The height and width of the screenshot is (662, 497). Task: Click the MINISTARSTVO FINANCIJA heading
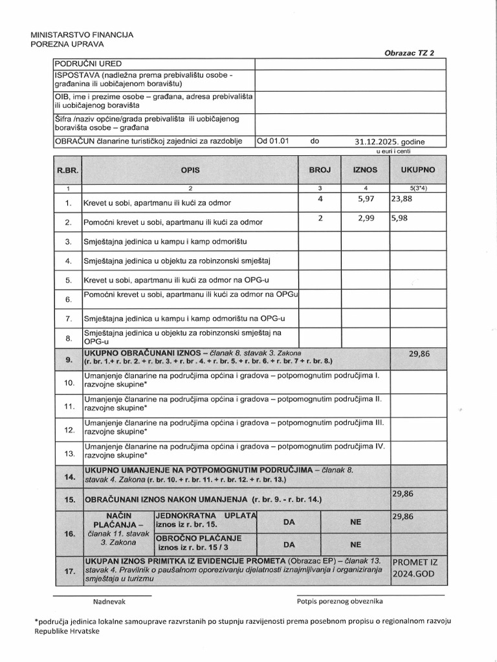pyautogui.click(x=82, y=34)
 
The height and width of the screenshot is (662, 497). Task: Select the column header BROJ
pyautogui.click(x=320, y=169)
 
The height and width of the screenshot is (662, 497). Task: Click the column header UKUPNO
pyautogui.click(x=418, y=169)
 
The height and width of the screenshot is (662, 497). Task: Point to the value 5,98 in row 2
pyautogui.click(x=401, y=219)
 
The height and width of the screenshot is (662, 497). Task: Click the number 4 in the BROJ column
pyautogui.click(x=320, y=199)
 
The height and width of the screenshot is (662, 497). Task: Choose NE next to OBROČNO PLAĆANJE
pyautogui.click(x=356, y=544)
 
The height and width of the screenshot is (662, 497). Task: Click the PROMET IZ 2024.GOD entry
pyautogui.click(x=418, y=568)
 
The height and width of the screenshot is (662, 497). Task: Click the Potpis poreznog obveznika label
pyautogui.click(x=340, y=601)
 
